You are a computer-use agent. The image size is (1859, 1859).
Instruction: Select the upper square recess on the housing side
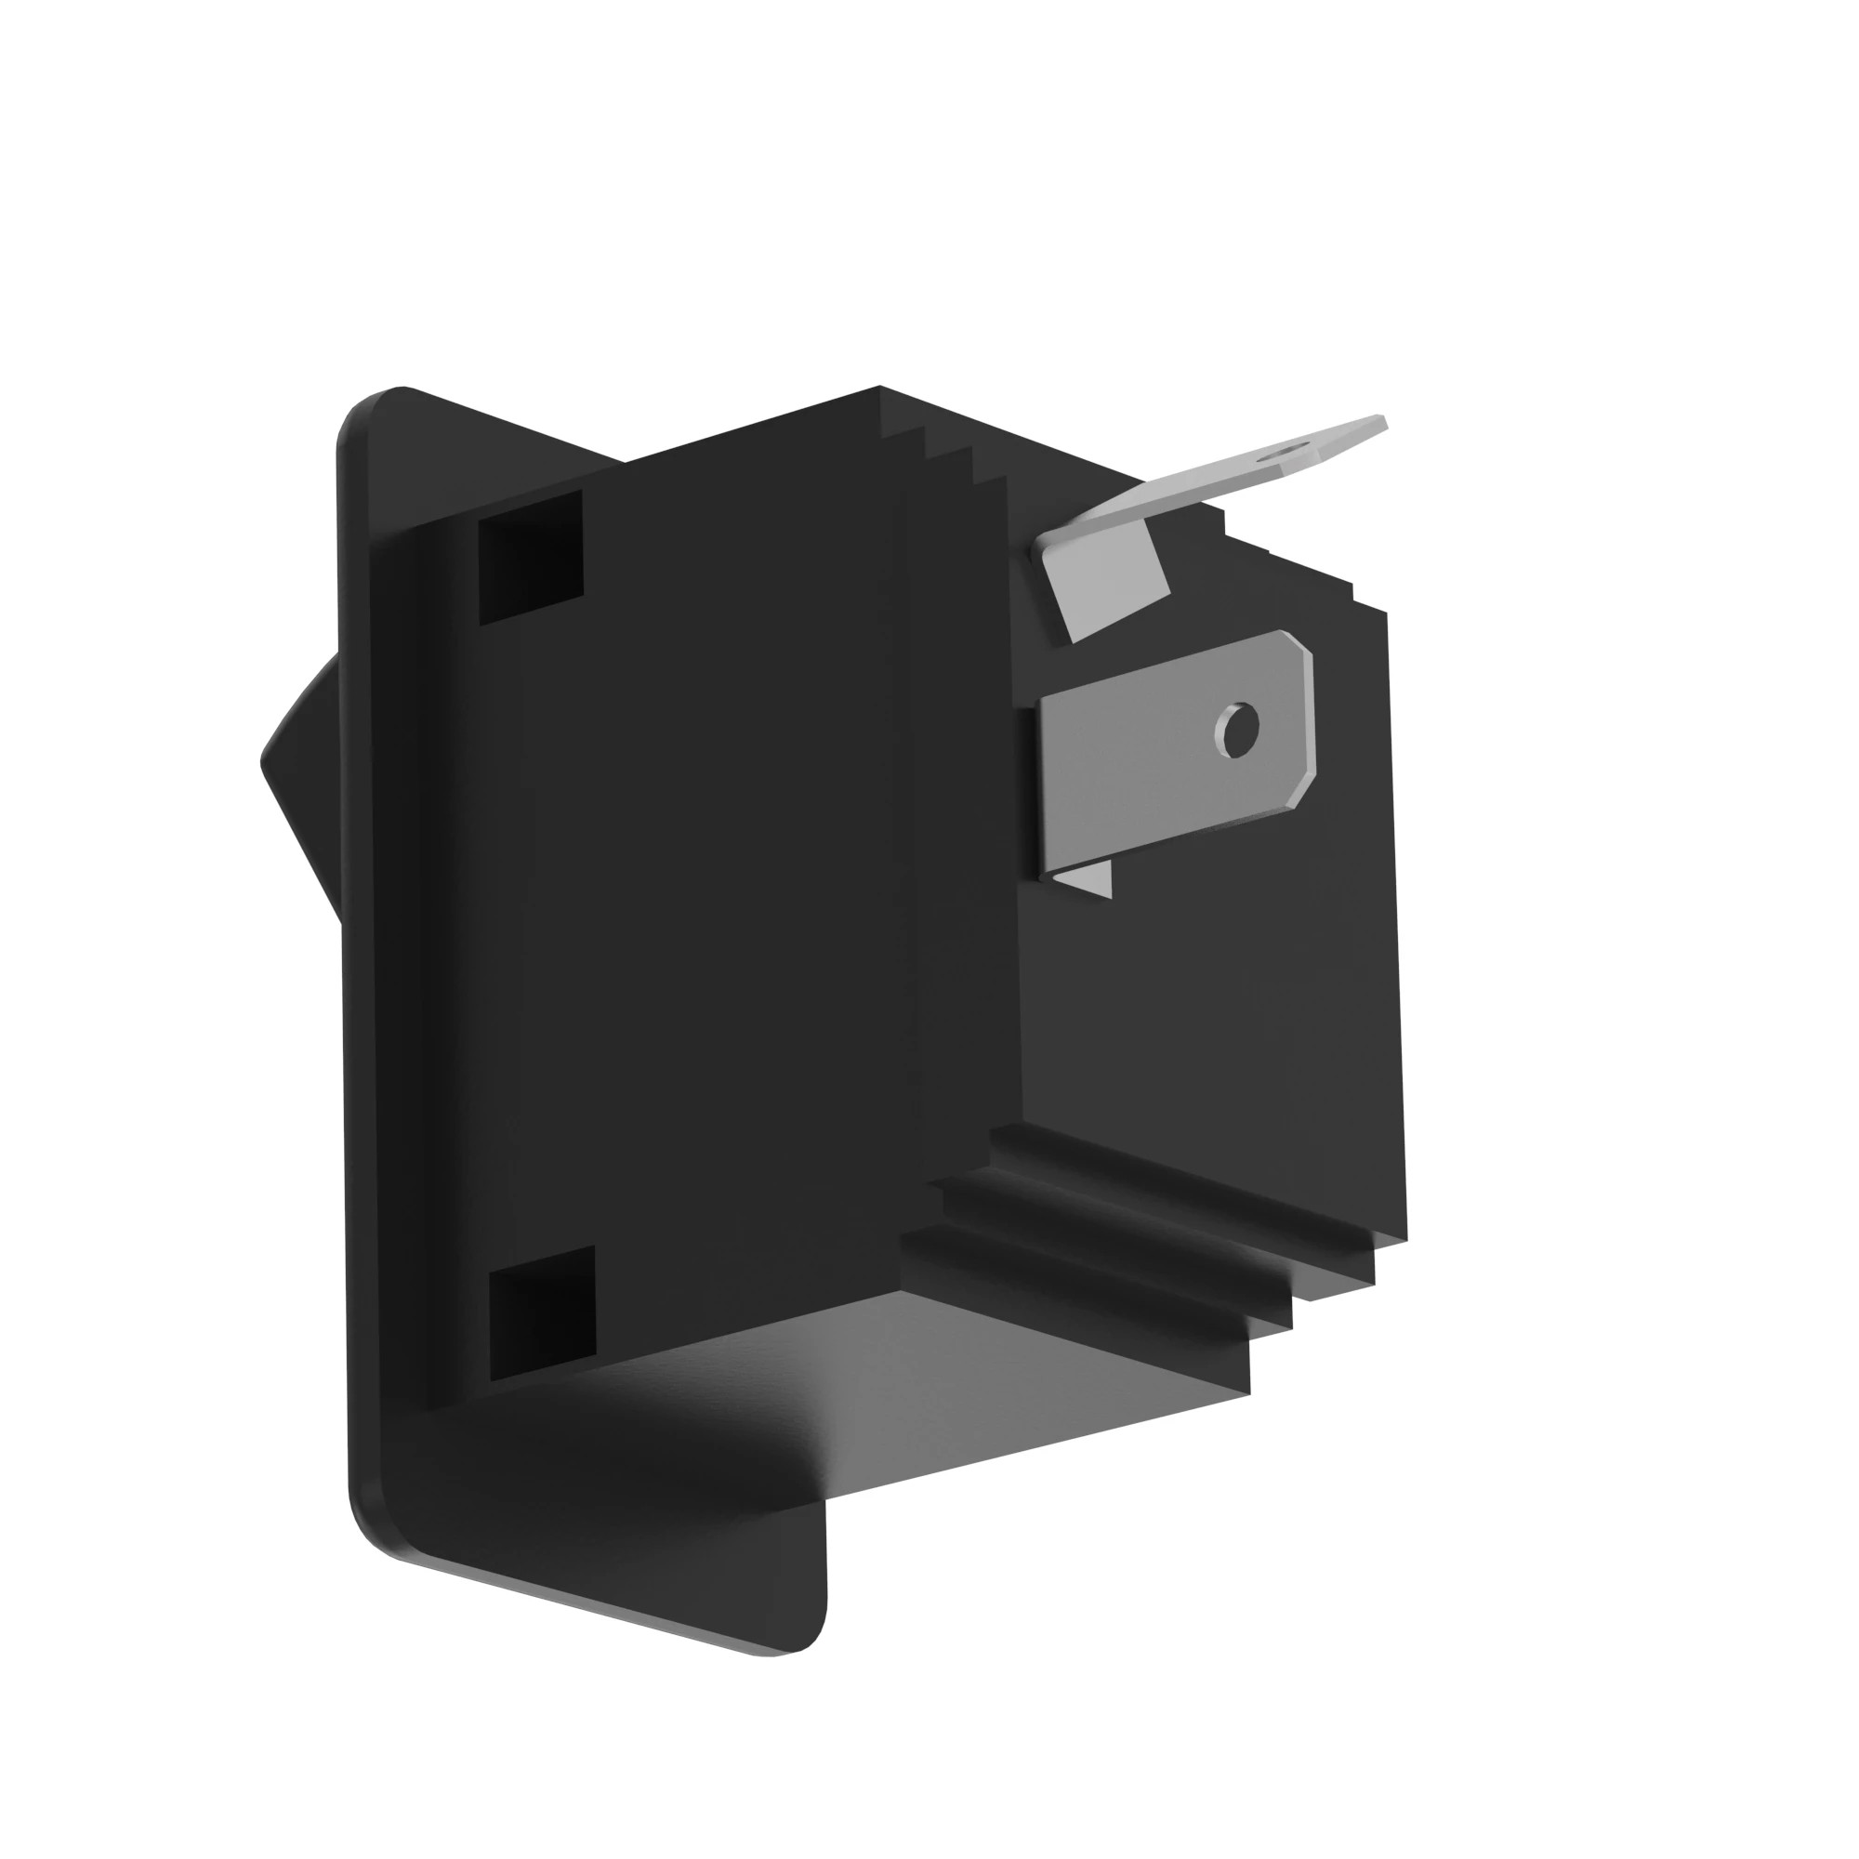tap(531, 557)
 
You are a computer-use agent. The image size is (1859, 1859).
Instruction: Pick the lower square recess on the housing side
tap(543, 1312)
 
